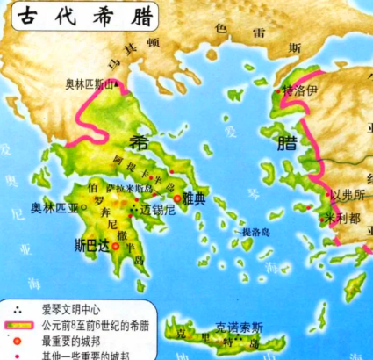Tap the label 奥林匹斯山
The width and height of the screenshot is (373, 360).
90,85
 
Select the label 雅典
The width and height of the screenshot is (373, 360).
196,199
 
